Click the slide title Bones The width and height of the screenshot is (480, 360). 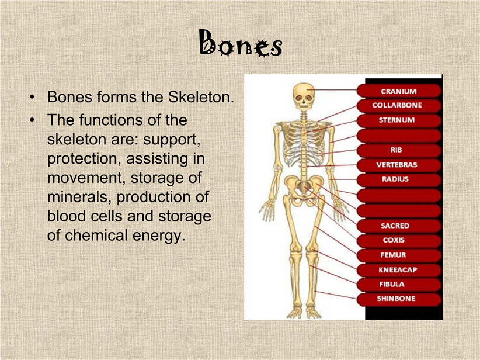(x=241, y=43)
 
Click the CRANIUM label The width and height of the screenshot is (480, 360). (x=399, y=91)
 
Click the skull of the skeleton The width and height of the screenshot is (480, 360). (x=304, y=97)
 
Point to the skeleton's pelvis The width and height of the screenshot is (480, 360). (x=303, y=191)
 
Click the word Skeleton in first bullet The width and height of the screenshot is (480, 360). (x=201, y=97)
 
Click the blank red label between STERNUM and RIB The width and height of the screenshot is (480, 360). (x=399, y=136)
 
